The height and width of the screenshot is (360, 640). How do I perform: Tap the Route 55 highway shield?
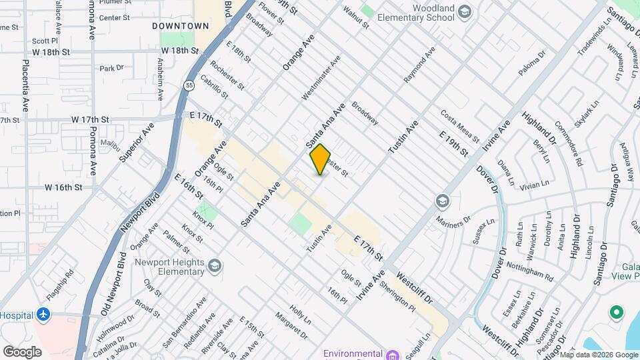coord(189,85)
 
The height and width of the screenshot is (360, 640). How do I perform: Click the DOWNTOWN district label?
coord(181,26)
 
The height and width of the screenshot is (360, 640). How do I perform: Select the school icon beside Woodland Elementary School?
coord(465,11)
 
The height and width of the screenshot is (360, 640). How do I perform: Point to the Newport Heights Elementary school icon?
coord(215,267)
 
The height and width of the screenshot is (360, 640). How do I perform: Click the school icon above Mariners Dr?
coord(442,201)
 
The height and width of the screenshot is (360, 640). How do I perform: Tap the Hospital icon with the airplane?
coord(43,313)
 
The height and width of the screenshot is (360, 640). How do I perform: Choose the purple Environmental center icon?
coord(393,354)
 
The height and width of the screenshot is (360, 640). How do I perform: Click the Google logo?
coord(22,351)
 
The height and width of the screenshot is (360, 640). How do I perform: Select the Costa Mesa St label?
coord(459,125)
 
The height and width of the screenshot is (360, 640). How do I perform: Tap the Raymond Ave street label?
coord(419,65)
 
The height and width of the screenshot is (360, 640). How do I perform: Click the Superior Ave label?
coord(137,142)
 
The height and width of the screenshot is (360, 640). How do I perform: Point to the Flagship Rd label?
coord(63,282)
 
